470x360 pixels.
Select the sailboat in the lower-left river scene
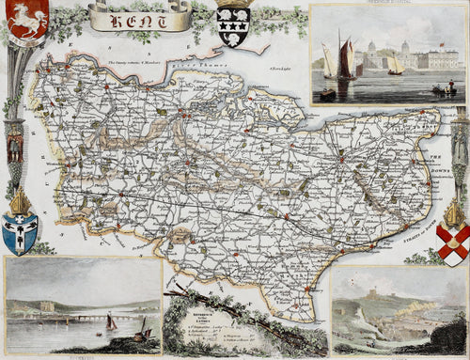[x=112, y=322]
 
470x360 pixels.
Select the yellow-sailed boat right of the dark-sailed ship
[x=396, y=67]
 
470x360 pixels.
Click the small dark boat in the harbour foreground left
[x=327, y=93]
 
